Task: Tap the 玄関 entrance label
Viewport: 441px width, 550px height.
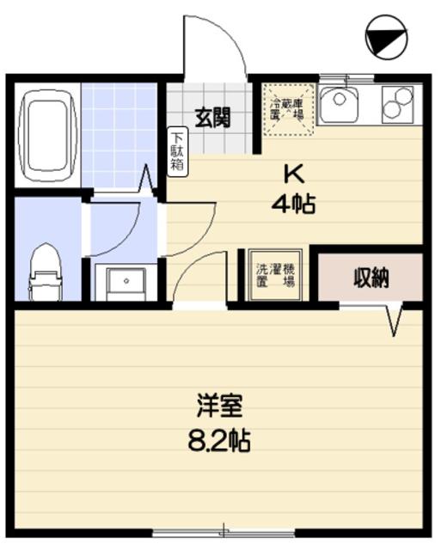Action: [211, 117]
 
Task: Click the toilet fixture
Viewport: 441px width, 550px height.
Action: [43, 272]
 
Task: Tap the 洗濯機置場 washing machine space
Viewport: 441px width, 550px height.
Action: [276, 273]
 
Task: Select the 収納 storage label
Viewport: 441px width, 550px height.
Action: [371, 278]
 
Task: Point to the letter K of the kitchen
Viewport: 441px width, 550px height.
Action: [294, 174]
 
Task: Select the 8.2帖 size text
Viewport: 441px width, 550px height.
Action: [218, 442]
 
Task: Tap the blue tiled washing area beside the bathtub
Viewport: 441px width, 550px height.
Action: [120, 135]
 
